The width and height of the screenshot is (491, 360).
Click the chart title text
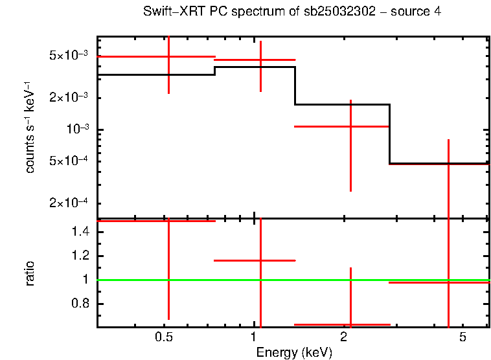pyautogui.click(x=292, y=12)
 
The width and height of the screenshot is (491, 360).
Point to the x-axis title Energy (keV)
pyautogui.click(x=293, y=352)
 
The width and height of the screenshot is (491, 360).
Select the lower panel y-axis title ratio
pyautogui.click(x=30, y=273)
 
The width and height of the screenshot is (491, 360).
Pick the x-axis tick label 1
pyautogui.click(x=253, y=337)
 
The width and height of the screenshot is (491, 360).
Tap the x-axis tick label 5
pyautogui.click(x=462, y=337)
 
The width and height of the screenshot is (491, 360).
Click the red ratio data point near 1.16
pyautogui.click(x=260, y=260)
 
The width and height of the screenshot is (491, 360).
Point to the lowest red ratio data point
pyautogui.click(x=350, y=324)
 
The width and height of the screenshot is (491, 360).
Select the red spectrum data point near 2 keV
pyautogui.click(x=350, y=126)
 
